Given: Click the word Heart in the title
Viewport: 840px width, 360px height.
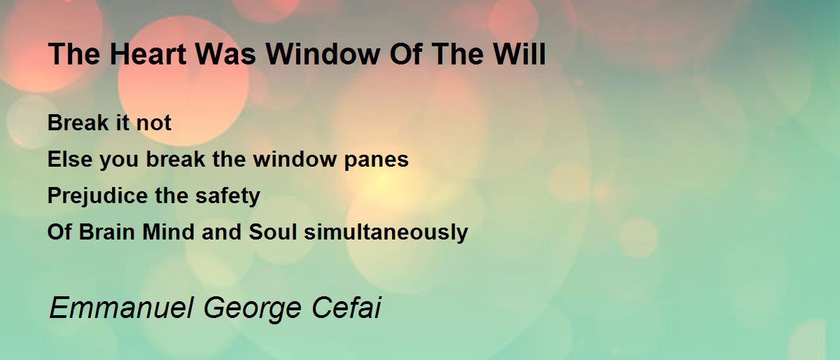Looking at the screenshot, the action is (x=148, y=54).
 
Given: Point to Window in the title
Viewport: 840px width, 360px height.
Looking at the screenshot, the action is (x=323, y=54).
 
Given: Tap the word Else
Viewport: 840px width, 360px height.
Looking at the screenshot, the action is (x=70, y=159).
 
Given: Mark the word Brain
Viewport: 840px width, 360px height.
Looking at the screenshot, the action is (x=106, y=232).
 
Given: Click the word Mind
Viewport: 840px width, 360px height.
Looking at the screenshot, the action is (x=169, y=232).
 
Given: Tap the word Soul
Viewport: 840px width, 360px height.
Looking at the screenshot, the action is (x=272, y=232).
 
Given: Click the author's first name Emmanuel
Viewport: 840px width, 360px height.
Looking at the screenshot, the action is (x=122, y=307).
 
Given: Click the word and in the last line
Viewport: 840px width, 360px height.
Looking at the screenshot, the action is (x=221, y=232).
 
